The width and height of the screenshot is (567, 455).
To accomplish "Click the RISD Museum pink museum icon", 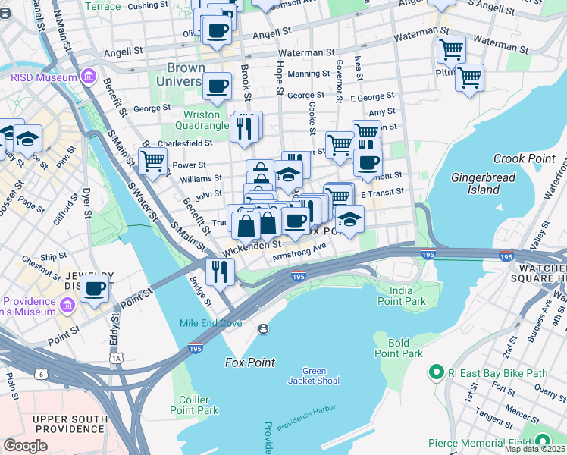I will [89, 77].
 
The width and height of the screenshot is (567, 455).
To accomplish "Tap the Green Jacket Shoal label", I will [314, 375].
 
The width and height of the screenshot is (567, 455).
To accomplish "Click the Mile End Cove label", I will [211, 323].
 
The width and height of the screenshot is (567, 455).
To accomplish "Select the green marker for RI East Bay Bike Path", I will [436, 372].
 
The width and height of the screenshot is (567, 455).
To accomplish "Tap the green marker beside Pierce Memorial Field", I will [543, 442].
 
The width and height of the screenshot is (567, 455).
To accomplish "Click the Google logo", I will [25, 446].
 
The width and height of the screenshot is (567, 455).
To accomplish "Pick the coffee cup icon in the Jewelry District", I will [96, 288].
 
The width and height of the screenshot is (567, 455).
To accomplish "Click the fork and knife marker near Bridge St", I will [220, 271].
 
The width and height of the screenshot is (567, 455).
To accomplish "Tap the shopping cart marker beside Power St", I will [153, 160].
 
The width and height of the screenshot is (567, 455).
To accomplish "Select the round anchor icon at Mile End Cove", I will [263, 328].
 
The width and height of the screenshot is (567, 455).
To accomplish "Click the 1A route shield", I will [116, 357].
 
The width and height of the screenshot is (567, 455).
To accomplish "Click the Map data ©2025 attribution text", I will [534, 449].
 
